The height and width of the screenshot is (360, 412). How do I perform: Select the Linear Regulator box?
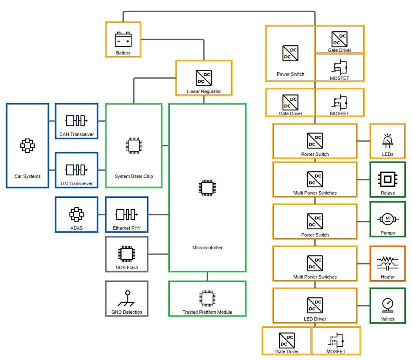coord(204,78)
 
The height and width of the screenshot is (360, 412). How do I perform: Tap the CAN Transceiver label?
coord(76,134)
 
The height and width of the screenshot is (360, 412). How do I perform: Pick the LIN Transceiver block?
coord(76,170)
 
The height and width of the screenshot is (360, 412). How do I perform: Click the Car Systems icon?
coord(27,145)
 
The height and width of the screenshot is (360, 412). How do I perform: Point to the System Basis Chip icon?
coord(133,145)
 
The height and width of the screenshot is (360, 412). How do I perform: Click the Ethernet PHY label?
coord(126,228)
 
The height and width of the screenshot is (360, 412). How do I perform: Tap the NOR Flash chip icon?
coord(126,253)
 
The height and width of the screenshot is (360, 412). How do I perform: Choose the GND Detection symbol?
coord(126,298)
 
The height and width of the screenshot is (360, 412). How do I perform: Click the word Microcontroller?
coord(207,247)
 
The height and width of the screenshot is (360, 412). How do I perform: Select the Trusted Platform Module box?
coord(207,299)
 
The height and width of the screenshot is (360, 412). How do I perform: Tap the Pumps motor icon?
coord(387,219)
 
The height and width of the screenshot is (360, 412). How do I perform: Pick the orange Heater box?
coord(387,263)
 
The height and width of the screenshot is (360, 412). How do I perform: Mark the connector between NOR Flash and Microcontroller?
coord(158,254)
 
